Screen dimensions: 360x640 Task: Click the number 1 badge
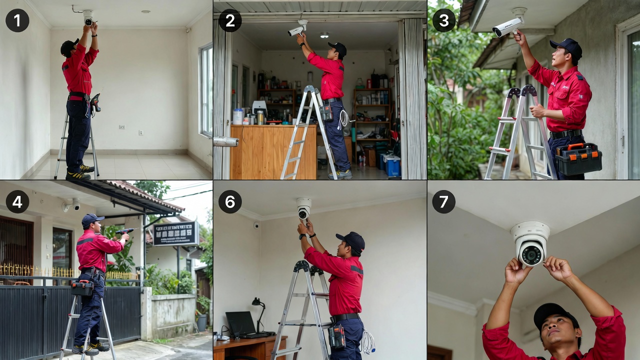coord(17,20)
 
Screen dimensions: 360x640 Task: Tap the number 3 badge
coord(444,20)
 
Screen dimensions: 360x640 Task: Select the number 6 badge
coord(230,202)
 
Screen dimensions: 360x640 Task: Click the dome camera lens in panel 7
coord(530,254)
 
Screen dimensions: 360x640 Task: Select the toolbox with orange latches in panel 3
coord(578,158)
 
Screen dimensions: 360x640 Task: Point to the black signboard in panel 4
coord(175,233)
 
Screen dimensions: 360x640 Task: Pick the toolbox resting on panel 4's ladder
coord(82,287)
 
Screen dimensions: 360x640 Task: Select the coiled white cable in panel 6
coord(367,341)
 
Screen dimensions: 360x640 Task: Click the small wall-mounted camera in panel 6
coord(256,225)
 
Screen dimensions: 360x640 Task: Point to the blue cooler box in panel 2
coord(392,165)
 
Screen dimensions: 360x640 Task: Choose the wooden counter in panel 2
coord(273,151)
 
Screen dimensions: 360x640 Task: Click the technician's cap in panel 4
coord(91,218)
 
